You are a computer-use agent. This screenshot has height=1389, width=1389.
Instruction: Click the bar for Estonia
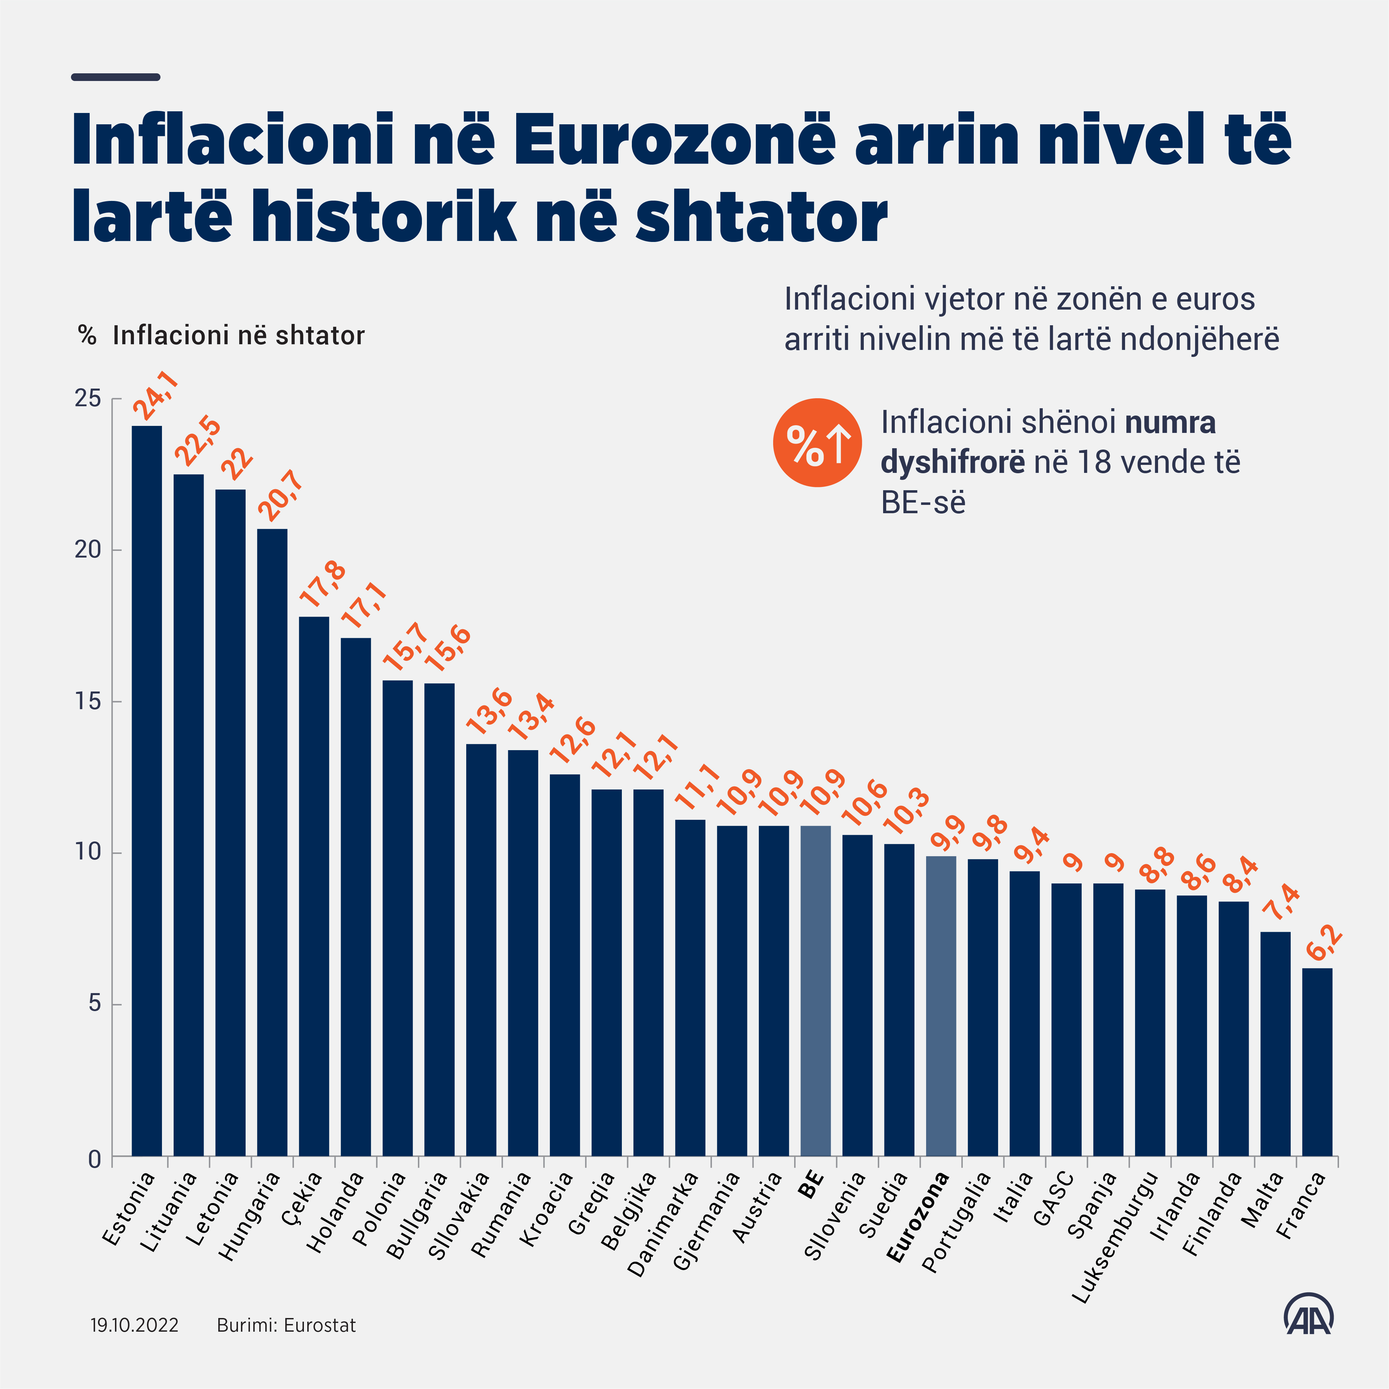(x=147, y=791)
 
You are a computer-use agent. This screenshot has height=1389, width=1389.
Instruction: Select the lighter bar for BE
(x=815, y=991)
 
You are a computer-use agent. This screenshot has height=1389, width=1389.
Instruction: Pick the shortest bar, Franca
(x=1317, y=1062)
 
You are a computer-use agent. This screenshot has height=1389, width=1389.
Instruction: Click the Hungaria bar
(x=273, y=842)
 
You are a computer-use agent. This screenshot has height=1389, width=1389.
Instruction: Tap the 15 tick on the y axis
(x=88, y=701)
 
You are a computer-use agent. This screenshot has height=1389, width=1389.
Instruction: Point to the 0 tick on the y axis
(x=94, y=1159)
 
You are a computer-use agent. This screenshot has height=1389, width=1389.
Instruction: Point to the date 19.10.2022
(x=134, y=1325)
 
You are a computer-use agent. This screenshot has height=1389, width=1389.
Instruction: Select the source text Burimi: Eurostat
(x=286, y=1325)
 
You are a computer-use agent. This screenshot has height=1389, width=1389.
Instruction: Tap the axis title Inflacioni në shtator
(x=239, y=335)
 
